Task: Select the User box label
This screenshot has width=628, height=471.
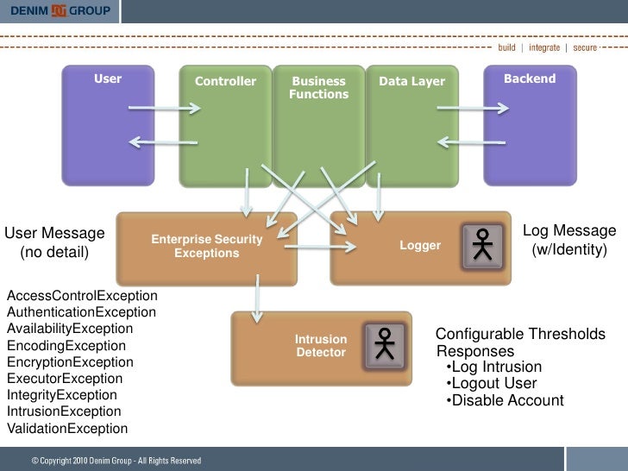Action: [108, 79]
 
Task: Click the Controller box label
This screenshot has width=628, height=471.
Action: [225, 82]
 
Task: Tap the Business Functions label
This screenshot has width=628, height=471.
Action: [318, 88]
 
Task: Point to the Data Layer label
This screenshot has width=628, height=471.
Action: [412, 82]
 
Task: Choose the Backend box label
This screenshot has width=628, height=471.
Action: [530, 79]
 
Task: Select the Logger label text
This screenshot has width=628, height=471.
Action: [420, 247]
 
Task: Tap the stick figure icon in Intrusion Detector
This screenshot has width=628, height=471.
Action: [385, 344]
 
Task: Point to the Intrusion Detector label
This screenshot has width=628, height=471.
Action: [321, 346]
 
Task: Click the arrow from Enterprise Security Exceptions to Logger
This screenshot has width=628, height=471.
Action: [320, 248]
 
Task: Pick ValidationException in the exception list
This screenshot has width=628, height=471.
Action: [67, 429]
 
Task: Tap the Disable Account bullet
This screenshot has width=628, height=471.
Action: [506, 401]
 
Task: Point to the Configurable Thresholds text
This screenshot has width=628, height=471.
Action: [520, 335]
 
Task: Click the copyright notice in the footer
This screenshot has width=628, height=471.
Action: [116, 461]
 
